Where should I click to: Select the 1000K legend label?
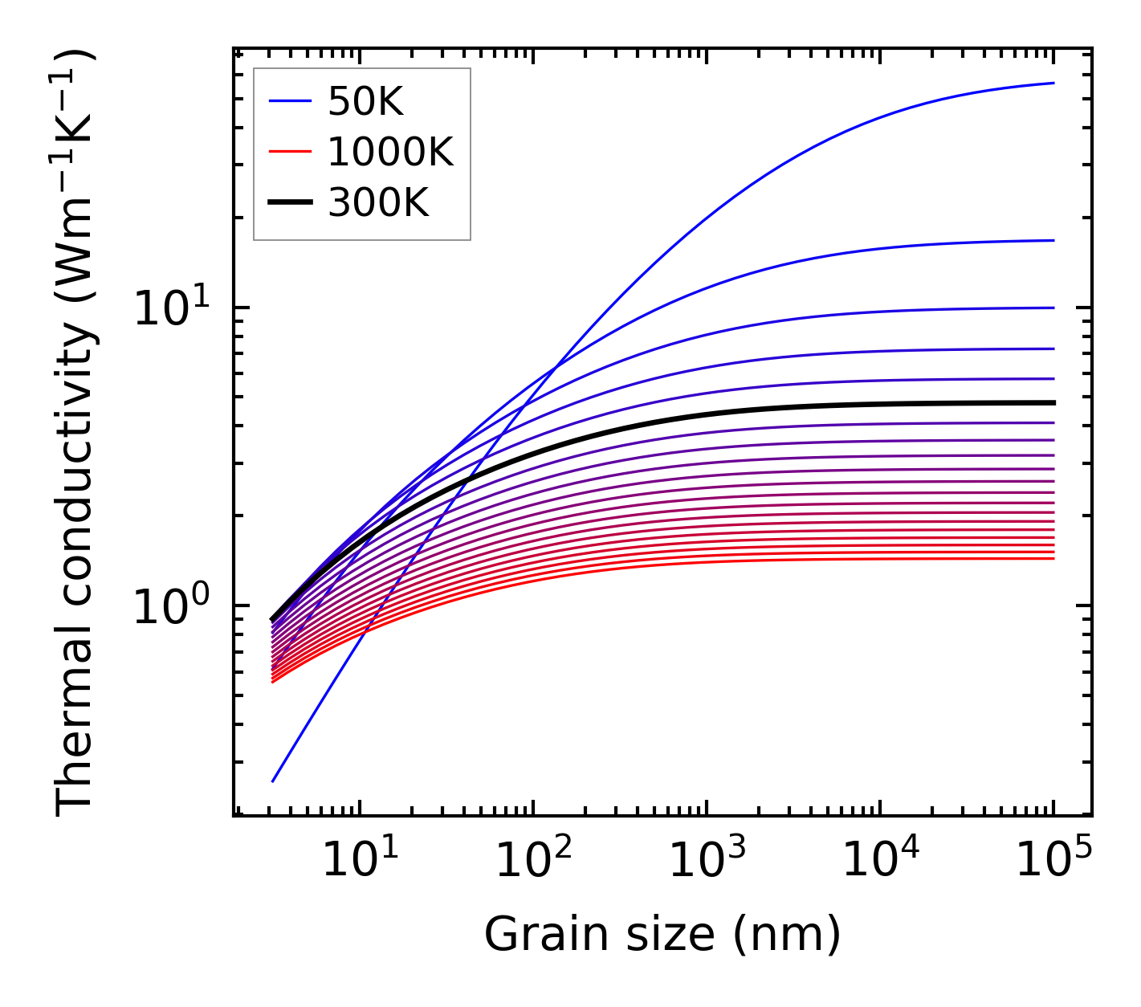390,152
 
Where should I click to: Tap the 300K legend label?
378,203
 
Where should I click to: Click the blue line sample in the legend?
289,101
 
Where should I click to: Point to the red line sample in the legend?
289,152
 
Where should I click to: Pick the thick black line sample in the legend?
289,203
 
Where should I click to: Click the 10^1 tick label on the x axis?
360,861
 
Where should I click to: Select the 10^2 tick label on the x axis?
533,861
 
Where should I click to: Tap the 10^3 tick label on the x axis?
707,861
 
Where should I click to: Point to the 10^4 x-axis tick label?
880,861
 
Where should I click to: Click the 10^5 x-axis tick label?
1053,861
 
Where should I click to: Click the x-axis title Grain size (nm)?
662,935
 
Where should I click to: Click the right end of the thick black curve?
1053,403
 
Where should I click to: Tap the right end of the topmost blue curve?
1053,83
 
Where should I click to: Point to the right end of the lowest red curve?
1053,558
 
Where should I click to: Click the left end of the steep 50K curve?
273,781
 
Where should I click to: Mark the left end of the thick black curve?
273,620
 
